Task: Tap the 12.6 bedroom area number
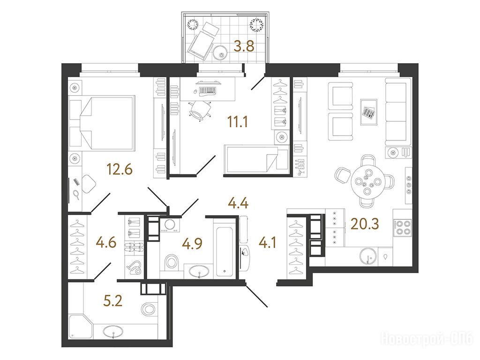coord(120,169)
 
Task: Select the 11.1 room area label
coord(238,122)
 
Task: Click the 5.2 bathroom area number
coord(113,301)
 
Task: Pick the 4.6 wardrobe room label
coord(106,243)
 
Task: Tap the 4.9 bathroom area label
coord(192,244)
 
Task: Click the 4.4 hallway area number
coord(238,203)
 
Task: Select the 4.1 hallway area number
coord(268,243)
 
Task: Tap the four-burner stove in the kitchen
coord(403,227)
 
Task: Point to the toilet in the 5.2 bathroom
coord(150,309)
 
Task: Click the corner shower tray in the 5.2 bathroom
coord(81,327)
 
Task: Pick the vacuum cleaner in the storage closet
coord(135,267)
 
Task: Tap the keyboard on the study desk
coord(208,90)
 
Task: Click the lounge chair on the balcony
coord(202,40)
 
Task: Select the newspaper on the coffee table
coord(369,112)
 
